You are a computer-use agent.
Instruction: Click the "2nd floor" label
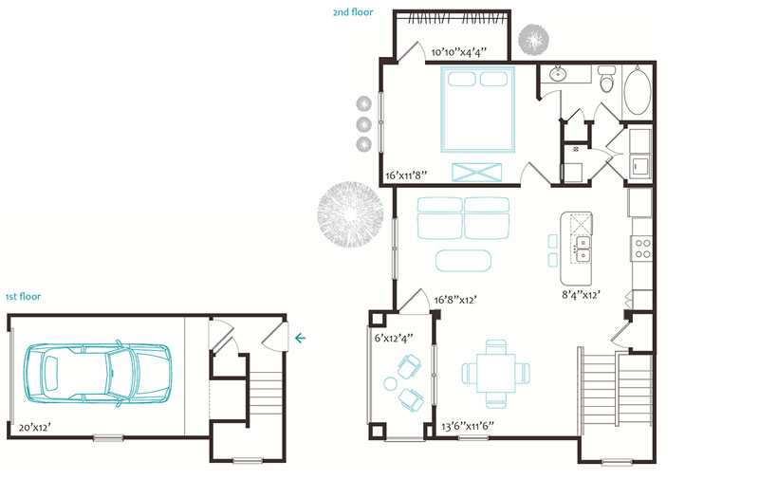352,12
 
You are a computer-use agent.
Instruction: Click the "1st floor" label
23,297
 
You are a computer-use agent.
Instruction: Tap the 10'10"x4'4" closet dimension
459,52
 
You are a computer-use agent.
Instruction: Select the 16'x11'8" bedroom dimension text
406,175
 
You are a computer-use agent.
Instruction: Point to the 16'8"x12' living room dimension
455,300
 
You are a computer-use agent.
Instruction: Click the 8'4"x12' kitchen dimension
581,295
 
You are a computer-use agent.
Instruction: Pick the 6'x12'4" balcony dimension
394,338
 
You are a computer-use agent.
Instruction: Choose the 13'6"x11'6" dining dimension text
467,426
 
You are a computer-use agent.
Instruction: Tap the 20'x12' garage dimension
35,428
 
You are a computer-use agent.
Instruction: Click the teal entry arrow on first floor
300,338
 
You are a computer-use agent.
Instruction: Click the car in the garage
98,373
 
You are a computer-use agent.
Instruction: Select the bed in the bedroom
477,110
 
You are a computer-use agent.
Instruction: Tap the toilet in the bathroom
606,79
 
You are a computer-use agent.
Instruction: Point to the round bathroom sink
558,74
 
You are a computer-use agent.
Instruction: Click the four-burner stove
643,249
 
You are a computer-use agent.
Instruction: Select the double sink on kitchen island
583,249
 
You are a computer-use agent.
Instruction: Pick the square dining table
496,373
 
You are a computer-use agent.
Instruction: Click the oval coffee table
463,261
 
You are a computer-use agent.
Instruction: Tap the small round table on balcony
390,384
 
